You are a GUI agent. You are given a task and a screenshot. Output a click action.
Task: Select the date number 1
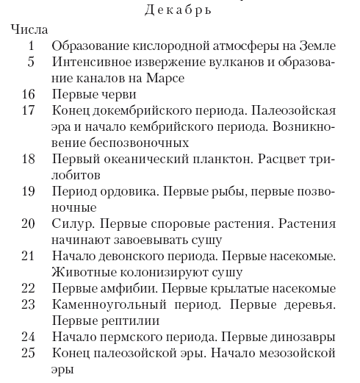click(31, 46)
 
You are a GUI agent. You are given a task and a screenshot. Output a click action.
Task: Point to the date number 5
click(31, 62)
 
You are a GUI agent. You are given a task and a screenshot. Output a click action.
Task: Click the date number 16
click(28, 95)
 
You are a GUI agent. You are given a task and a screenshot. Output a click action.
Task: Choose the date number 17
click(28, 111)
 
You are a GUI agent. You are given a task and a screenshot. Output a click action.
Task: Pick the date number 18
click(28, 160)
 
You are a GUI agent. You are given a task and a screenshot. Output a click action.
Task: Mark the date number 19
click(28, 192)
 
